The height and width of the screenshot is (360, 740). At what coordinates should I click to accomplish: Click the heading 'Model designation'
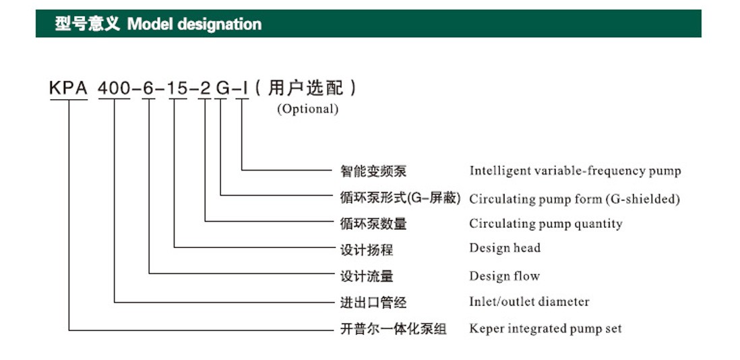click(x=195, y=24)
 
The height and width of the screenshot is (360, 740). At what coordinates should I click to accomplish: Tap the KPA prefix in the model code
click(x=69, y=88)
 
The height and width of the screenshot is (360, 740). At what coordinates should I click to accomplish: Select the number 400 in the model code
click(x=114, y=88)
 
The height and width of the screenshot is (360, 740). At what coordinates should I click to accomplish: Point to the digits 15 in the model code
click(x=178, y=88)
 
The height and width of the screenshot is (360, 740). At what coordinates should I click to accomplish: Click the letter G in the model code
click(x=221, y=88)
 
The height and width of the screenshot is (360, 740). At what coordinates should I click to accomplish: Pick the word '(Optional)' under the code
click(x=308, y=109)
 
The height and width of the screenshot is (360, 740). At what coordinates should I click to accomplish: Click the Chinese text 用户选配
click(x=305, y=88)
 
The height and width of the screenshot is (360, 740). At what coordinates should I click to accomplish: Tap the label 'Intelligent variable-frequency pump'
click(x=575, y=171)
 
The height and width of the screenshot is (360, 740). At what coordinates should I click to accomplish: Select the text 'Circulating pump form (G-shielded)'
click(x=574, y=199)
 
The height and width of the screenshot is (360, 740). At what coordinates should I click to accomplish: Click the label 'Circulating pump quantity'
click(x=545, y=224)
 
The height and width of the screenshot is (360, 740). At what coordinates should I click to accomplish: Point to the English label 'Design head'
click(x=505, y=247)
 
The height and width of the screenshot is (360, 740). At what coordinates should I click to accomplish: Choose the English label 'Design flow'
click(x=504, y=276)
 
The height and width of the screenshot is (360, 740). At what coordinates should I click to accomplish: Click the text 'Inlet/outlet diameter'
click(x=529, y=301)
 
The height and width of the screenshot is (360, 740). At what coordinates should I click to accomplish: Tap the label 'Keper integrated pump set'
click(x=545, y=328)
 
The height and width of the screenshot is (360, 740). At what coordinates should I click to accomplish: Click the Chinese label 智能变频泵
click(x=373, y=171)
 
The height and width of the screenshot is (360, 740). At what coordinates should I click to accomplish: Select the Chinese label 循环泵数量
click(x=373, y=224)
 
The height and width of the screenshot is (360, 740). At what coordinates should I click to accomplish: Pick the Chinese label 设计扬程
click(x=367, y=249)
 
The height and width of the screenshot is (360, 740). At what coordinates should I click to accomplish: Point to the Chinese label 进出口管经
click(x=373, y=302)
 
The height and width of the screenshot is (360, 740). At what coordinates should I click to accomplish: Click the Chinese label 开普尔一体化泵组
click(x=393, y=329)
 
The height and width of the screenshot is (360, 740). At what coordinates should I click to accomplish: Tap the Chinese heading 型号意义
click(x=88, y=24)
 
